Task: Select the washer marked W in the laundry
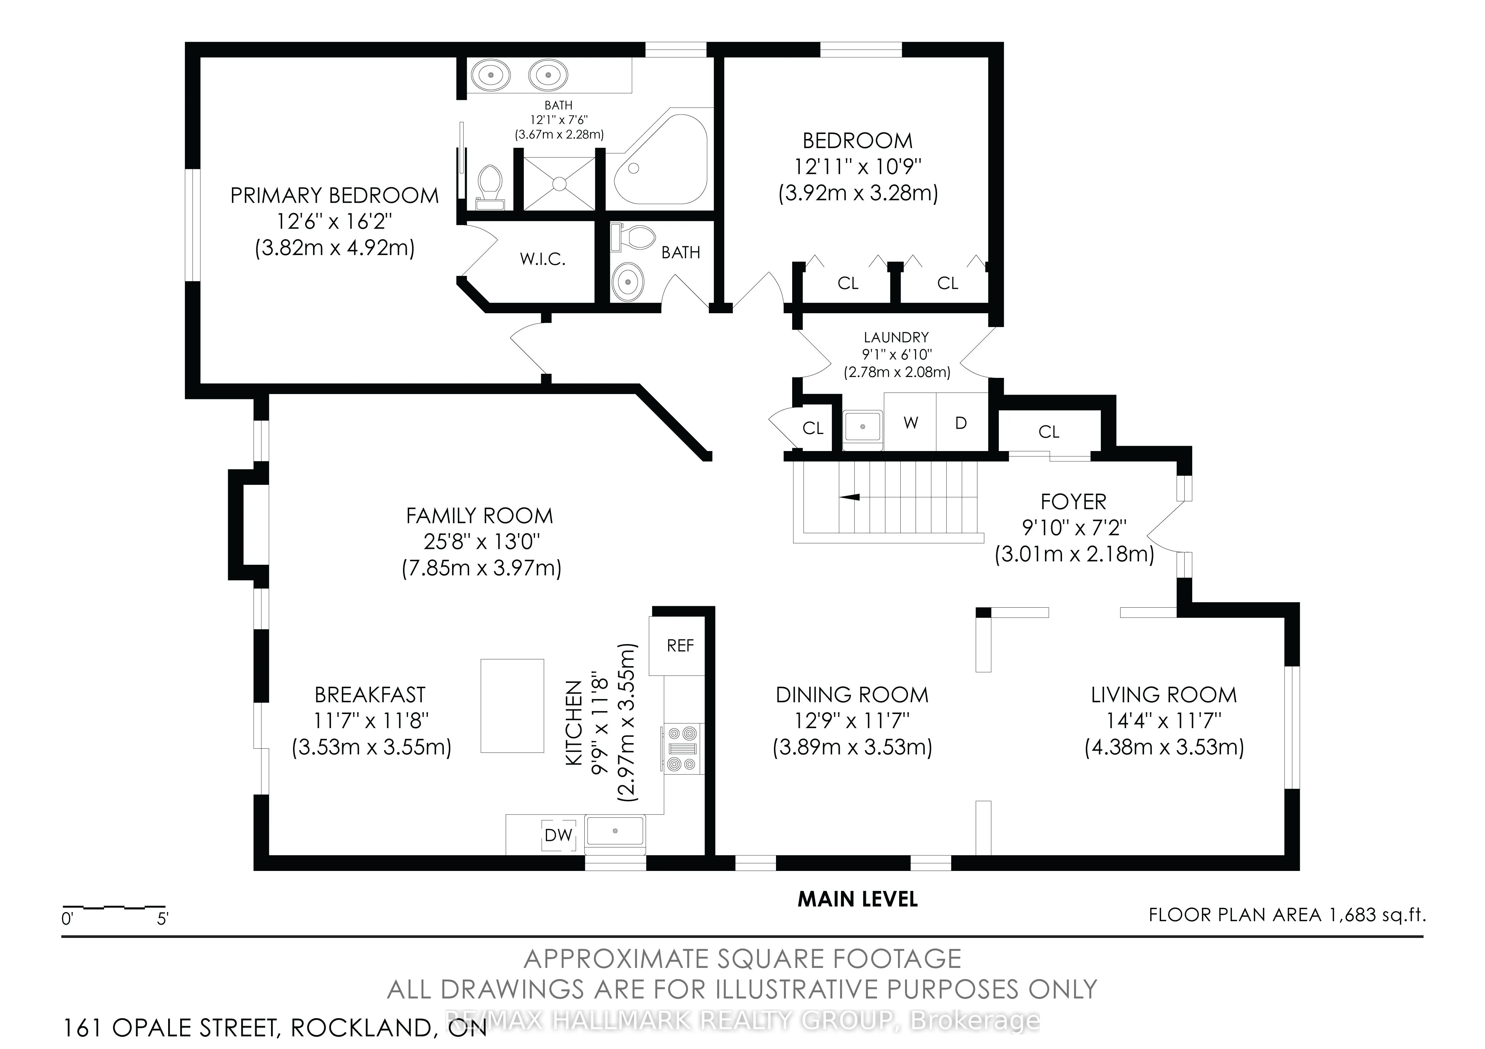click(911, 423)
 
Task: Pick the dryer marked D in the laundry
click(961, 423)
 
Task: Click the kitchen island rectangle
click(511, 706)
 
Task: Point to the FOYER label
click(1073, 502)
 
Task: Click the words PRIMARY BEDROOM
click(335, 195)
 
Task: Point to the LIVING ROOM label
click(1163, 695)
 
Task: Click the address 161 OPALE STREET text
click(275, 1028)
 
